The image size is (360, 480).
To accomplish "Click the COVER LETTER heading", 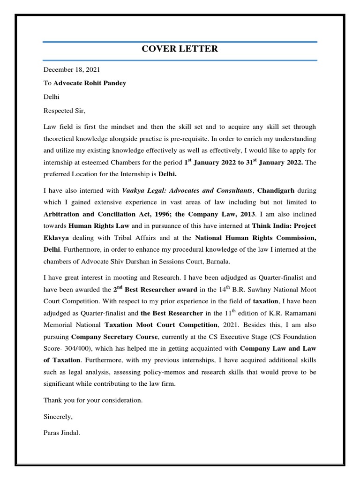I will [x=180, y=49].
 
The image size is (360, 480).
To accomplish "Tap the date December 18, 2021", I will [x=72, y=70].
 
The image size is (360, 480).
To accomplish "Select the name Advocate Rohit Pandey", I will [x=90, y=83].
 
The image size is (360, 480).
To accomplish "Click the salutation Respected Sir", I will [x=65, y=111].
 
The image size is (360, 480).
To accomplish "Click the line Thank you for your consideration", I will [x=93, y=400].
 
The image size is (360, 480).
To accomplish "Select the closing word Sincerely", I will [x=58, y=417].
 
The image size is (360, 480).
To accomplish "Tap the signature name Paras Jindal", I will [x=62, y=433].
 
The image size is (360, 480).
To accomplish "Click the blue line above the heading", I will [x=180, y=42].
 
